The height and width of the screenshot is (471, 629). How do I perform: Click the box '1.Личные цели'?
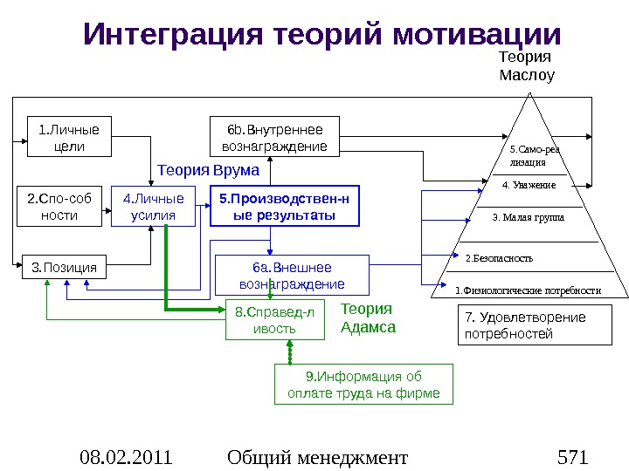coord(70,138)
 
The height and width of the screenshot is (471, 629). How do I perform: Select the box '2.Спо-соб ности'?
coord(59,206)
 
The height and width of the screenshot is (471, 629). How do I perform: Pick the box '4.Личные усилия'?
coord(153,206)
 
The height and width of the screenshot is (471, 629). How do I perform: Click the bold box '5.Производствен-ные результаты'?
coord(285,206)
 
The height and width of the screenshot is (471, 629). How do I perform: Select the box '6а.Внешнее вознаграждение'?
coord(292,275)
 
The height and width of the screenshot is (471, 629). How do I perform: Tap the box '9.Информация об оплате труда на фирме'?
coord(364,385)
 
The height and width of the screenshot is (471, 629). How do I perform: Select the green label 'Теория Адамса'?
coord(368,318)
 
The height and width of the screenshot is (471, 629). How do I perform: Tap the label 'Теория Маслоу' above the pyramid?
coord(526,66)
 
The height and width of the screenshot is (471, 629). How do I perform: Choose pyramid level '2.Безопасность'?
coord(499,258)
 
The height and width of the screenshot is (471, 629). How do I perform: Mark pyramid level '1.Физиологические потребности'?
coord(528,290)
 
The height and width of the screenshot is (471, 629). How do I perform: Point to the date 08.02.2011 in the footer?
coord(125,455)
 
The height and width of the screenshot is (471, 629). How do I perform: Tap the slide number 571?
coord(572,455)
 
